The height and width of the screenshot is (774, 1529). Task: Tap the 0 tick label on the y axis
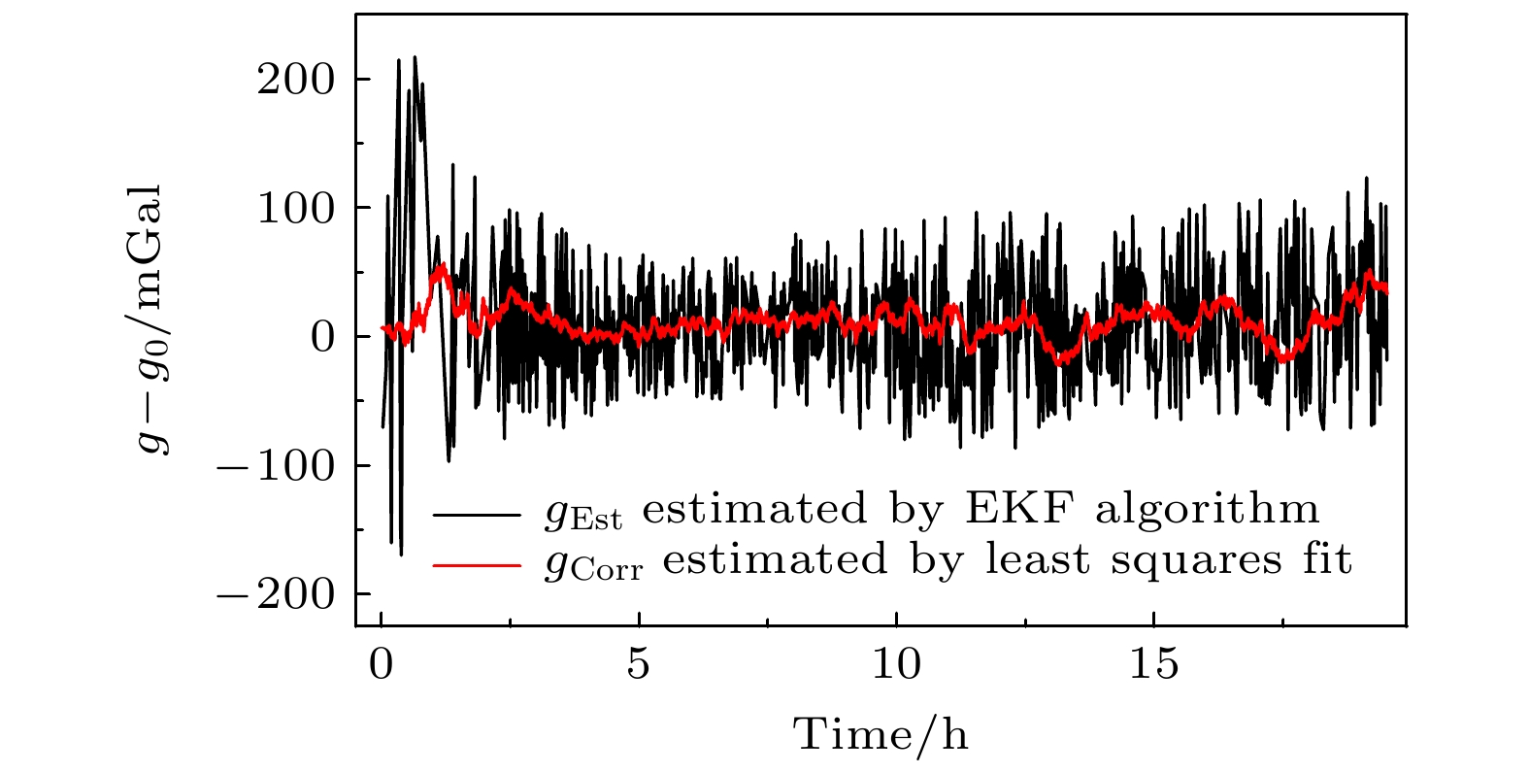tap(322, 338)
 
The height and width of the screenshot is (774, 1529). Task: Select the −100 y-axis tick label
tap(275, 466)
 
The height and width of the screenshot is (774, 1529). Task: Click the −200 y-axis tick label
tap(275, 594)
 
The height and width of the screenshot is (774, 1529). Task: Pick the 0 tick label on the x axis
tap(382, 666)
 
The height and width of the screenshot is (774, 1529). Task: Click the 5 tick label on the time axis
tap(639, 666)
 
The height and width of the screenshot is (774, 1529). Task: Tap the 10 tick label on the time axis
tap(896, 666)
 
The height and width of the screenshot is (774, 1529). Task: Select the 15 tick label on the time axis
tap(1153, 666)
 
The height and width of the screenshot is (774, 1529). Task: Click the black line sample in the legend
tap(477, 513)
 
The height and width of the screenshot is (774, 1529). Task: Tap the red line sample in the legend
tap(477, 563)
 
